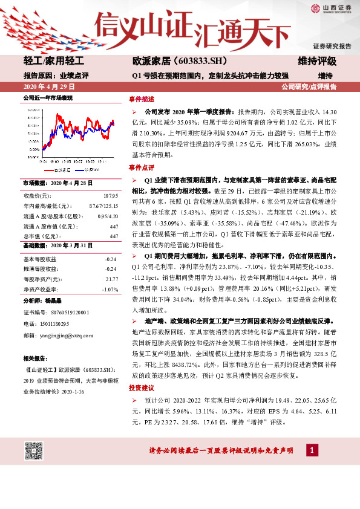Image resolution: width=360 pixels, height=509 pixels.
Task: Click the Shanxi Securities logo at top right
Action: click(x=332, y=8)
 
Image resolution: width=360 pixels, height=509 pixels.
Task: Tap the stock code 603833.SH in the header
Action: click(x=192, y=62)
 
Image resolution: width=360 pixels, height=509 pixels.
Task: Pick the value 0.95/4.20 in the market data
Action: click(x=105, y=216)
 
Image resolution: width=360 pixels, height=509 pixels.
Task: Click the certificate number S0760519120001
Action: click(x=64, y=313)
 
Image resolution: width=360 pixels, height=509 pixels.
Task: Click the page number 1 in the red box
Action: click(x=310, y=450)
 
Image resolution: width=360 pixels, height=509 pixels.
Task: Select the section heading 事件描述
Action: click(x=141, y=99)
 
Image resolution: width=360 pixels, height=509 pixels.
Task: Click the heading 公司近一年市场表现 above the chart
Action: click(x=47, y=97)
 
